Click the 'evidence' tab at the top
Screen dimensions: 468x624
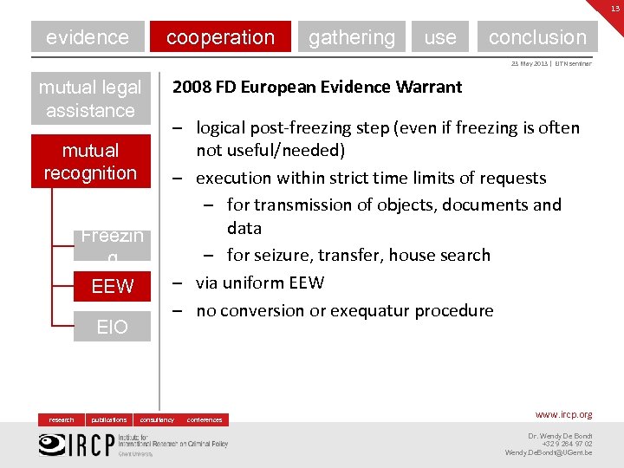(87, 37)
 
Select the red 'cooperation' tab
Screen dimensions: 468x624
(220, 37)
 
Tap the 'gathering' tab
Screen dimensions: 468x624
(351, 37)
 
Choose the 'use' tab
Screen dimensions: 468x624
(440, 37)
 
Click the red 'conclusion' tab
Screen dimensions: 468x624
(537, 37)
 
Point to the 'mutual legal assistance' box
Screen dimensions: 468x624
(90, 99)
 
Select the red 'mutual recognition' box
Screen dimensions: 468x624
(90, 161)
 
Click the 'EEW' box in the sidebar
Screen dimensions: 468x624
(112, 286)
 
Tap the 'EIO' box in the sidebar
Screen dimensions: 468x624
(112, 327)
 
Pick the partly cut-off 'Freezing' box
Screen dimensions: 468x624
(112, 244)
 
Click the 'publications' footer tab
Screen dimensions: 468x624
(109, 419)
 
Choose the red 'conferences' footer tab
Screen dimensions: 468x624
(205, 419)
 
